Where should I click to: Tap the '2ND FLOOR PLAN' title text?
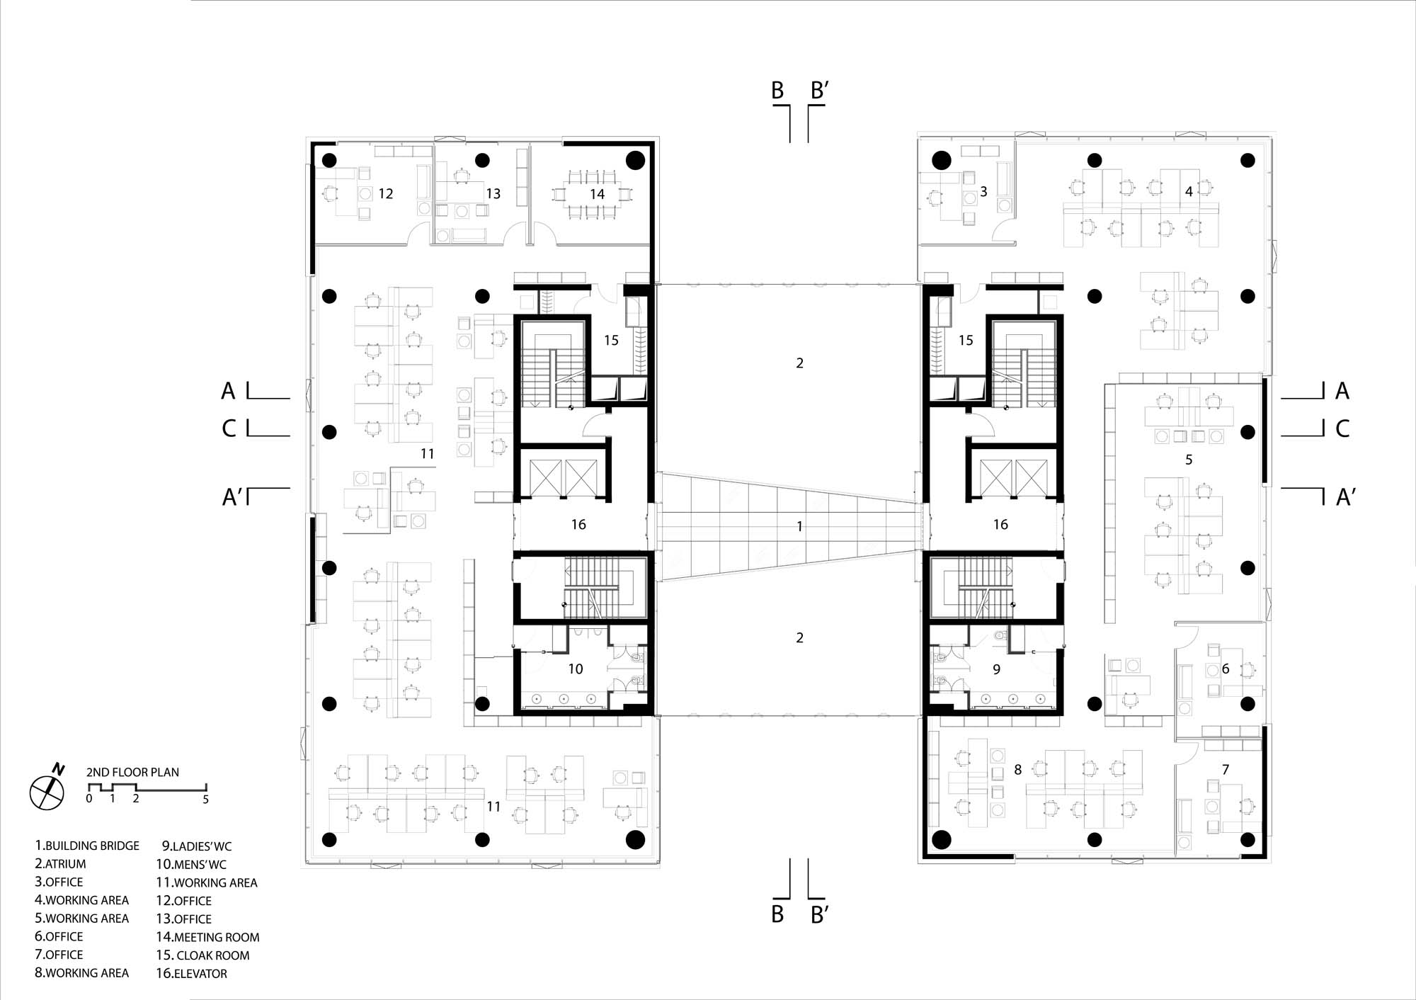[x=132, y=772]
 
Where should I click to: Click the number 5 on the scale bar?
[x=206, y=800]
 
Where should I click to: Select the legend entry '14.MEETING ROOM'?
[x=207, y=937]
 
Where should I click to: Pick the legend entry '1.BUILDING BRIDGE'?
[x=87, y=846]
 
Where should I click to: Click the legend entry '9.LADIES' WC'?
[x=196, y=846]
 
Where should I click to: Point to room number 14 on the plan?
[x=598, y=194]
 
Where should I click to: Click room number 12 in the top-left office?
[x=386, y=193]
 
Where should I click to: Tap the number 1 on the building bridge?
[x=800, y=526]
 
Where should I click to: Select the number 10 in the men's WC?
[x=576, y=669]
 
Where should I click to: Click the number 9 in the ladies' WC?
[x=997, y=669]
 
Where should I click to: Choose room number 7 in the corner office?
[x=1226, y=769]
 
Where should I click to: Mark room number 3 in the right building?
[x=983, y=191]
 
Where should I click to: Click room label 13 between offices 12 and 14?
[x=493, y=193]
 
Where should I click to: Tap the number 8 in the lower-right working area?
[x=1018, y=769]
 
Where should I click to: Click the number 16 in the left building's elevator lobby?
[x=578, y=524]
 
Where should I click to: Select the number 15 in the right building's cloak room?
[x=966, y=340]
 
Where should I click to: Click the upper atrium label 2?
[x=800, y=363]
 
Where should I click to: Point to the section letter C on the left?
[x=229, y=428]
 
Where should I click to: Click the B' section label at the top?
[x=820, y=90]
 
